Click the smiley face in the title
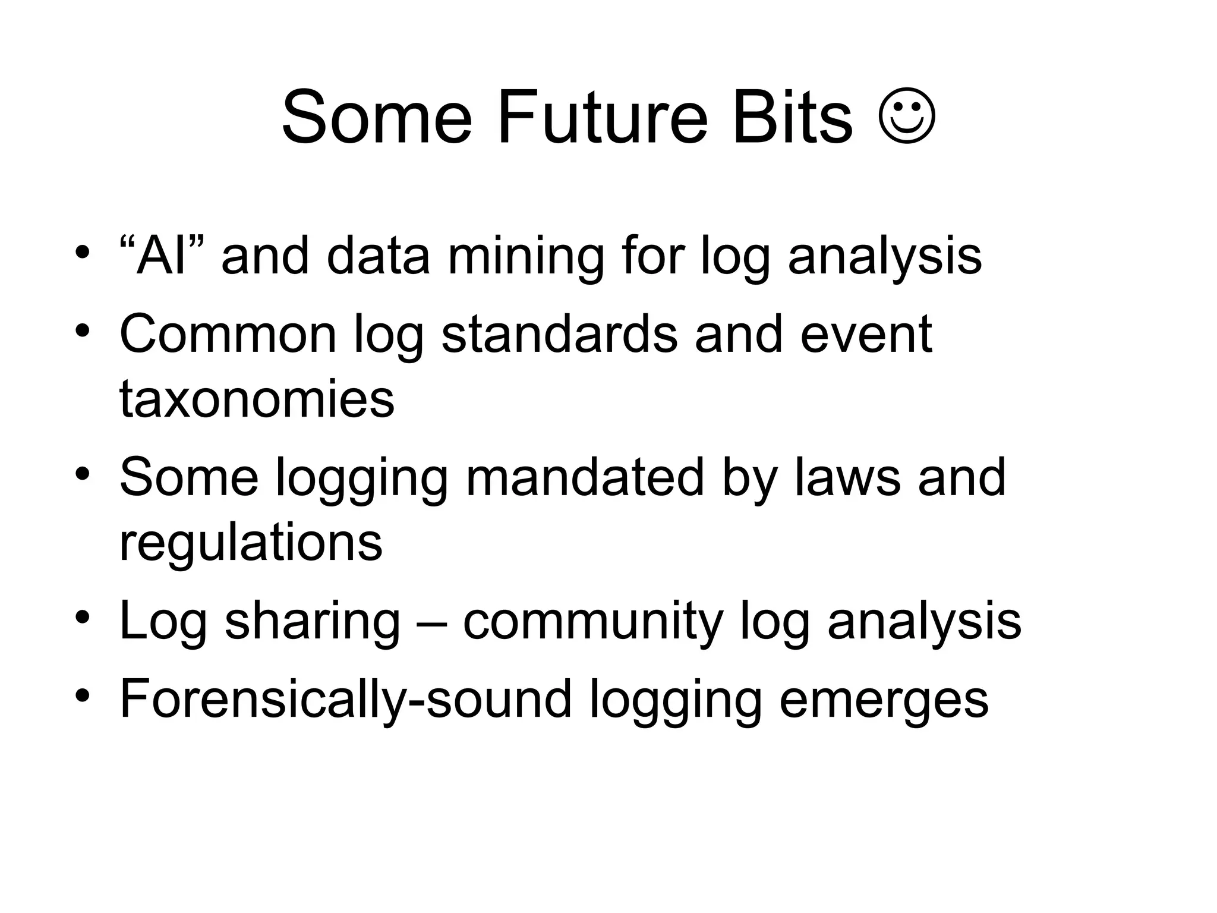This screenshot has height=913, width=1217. (x=907, y=116)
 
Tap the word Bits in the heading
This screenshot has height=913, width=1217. (x=793, y=117)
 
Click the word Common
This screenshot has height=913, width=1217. (x=228, y=334)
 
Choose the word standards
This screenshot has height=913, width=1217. (x=559, y=334)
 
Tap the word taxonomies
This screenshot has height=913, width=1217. (x=257, y=399)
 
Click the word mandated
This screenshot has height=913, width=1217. (x=584, y=477)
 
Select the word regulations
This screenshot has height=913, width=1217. (x=251, y=542)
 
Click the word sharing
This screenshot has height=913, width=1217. (x=313, y=621)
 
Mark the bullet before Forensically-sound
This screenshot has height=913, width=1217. (x=83, y=695)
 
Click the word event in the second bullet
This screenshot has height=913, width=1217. (x=866, y=334)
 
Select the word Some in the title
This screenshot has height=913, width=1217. (x=377, y=117)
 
